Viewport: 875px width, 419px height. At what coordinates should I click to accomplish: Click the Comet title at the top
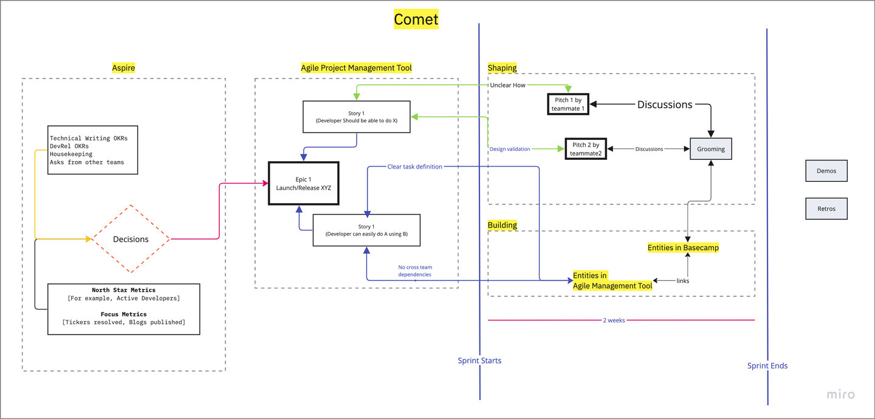click(x=416, y=19)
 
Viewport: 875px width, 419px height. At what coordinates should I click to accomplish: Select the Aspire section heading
click(x=123, y=68)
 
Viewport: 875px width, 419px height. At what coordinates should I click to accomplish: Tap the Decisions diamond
click(x=131, y=239)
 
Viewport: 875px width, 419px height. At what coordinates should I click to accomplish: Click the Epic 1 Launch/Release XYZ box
click(x=304, y=183)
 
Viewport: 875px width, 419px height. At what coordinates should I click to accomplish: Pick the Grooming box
click(x=710, y=149)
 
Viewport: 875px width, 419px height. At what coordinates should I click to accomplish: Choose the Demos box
click(x=826, y=171)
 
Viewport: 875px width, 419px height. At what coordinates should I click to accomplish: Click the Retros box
click(x=826, y=209)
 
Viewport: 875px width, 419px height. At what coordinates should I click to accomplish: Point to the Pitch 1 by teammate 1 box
click(x=568, y=104)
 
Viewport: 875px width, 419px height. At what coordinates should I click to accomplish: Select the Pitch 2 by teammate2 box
click(x=586, y=149)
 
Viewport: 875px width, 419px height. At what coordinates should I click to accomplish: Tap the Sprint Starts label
click(x=479, y=361)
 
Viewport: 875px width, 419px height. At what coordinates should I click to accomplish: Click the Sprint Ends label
click(x=767, y=365)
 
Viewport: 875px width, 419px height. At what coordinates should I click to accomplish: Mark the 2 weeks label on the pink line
click(x=614, y=320)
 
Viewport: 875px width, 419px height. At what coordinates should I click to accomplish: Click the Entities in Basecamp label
click(x=683, y=248)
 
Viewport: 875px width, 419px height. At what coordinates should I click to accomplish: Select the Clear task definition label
click(x=414, y=167)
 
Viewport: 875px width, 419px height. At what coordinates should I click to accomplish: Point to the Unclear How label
click(x=507, y=85)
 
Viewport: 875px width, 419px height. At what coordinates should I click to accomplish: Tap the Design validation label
click(x=510, y=149)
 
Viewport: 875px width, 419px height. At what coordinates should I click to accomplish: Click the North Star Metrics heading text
click(x=123, y=290)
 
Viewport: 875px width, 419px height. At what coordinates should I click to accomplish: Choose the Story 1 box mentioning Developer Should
click(x=356, y=117)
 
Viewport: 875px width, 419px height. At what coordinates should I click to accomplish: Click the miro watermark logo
click(x=840, y=394)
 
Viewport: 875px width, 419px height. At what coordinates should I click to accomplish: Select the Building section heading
click(x=502, y=225)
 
